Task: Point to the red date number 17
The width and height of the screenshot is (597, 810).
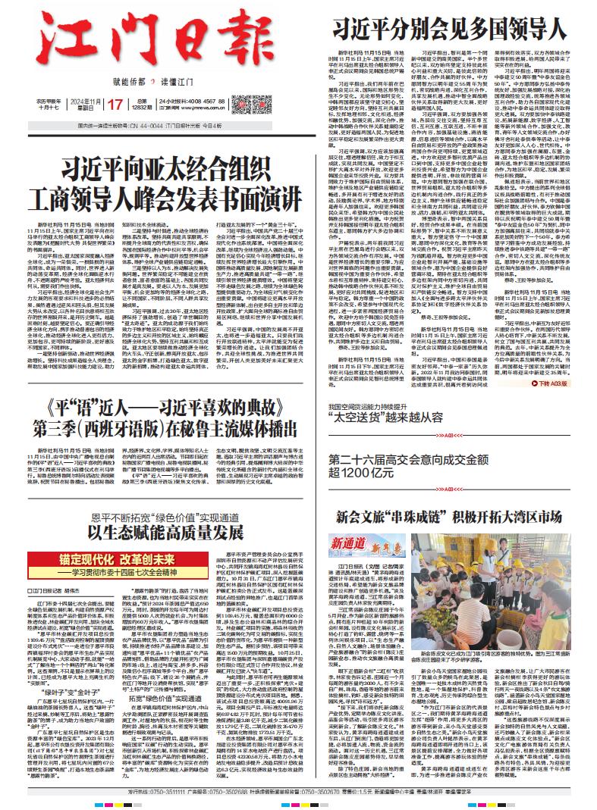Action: click(x=115, y=103)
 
